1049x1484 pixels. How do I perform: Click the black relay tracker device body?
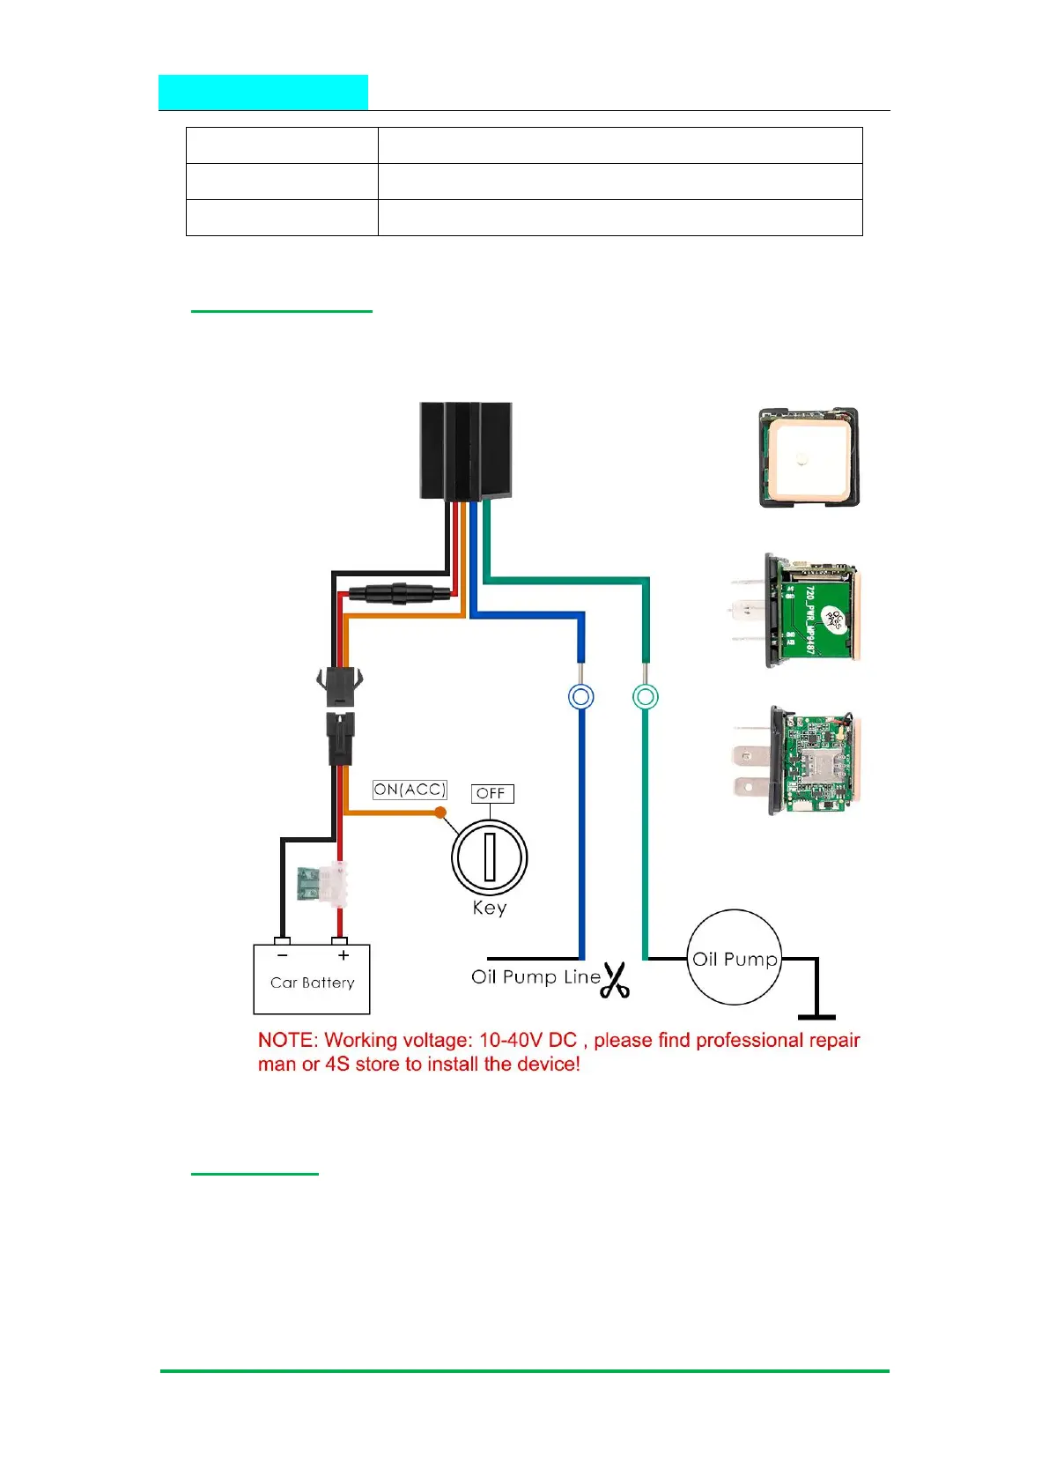point(465,451)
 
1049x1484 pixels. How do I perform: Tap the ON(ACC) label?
point(410,790)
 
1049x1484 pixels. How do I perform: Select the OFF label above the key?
point(491,793)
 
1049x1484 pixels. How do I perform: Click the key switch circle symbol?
point(490,857)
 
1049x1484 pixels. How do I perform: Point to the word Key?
point(490,908)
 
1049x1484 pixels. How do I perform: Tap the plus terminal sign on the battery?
point(343,955)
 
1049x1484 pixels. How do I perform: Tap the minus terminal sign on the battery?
point(282,955)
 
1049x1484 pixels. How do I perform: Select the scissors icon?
point(615,980)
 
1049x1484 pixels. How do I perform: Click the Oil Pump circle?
point(734,958)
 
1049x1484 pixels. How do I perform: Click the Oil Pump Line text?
point(536,976)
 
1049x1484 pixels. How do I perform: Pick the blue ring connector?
point(580,697)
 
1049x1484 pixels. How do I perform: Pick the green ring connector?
point(646,697)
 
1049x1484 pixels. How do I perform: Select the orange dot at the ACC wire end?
point(440,812)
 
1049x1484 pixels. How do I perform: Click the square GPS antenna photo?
point(809,457)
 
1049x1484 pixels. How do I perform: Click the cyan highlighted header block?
point(263,93)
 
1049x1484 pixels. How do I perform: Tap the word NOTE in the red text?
point(285,1041)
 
